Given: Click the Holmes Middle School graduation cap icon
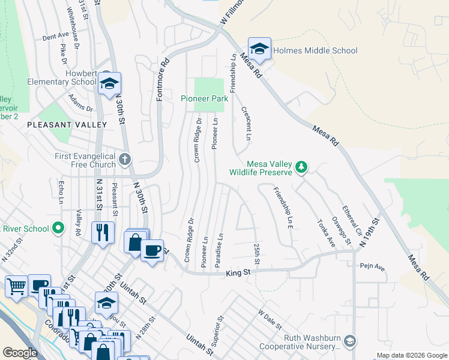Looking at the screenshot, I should point(259,49).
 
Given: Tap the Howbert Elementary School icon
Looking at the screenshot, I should point(110,84).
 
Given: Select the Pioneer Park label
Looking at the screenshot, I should point(205,98).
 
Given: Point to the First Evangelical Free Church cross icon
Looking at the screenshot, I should point(124,159).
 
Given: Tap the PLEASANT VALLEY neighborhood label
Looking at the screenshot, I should point(66,125).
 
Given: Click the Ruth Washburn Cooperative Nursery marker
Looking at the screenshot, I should point(350,341).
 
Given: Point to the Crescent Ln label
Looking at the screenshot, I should point(246,124).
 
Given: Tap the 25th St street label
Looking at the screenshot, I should point(257,254).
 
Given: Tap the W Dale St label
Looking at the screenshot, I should point(270,319).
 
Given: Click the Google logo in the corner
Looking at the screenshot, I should point(20,353).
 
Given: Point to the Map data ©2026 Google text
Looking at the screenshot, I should point(411,355).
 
